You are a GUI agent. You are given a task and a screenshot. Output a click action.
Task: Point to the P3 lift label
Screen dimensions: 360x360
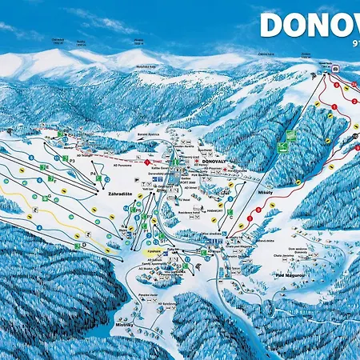coord(72,159)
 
